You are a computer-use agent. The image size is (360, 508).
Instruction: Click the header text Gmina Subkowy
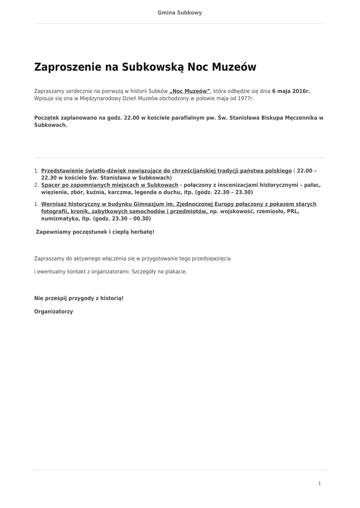click(x=180, y=12)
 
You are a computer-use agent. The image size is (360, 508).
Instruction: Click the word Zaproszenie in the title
click(x=67, y=67)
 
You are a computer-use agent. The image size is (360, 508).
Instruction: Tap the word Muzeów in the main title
click(x=234, y=67)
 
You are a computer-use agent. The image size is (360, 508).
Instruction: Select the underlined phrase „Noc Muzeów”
click(x=190, y=91)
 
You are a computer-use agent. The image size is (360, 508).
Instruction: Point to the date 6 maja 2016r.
click(x=291, y=91)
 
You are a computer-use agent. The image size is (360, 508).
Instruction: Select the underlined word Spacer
click(x=52, y=185)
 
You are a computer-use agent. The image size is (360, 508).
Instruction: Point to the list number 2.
click(x=36, y=185)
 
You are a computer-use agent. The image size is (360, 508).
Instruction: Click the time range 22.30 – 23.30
click(x=233, y=192)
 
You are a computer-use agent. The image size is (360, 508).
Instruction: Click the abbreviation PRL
click(x=293, y=211)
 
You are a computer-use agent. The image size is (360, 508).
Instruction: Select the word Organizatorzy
click(x=54, y=312)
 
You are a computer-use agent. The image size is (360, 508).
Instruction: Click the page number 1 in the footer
click(x=319, y=483)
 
